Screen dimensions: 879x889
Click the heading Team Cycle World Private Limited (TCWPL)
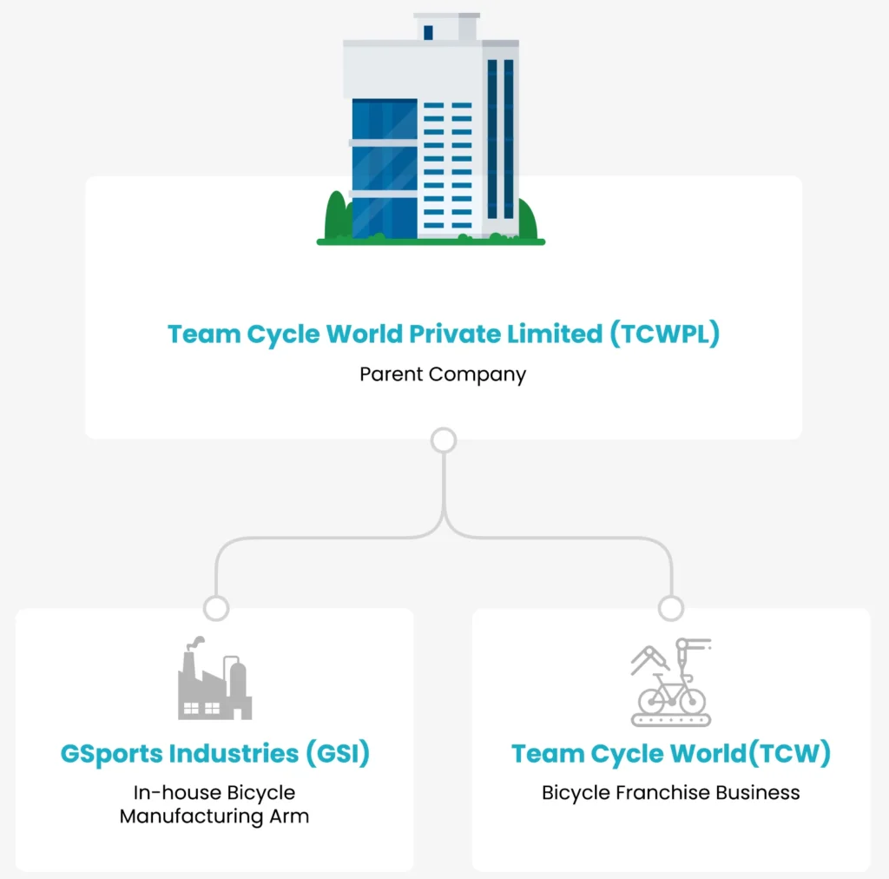click(x=443, y=334)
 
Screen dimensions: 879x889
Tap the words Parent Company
click(x=443, y=375)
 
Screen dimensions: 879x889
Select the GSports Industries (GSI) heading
click(x=214, y=754)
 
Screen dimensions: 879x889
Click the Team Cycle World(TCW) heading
click(x=670, y=754)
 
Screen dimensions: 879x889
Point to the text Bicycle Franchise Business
click(x=670, y=793)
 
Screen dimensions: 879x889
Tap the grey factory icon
click(x=214, y=682)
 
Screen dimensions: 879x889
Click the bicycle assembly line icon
click(x=670, y=683)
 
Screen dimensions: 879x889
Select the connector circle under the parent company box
click(x=444, y=440)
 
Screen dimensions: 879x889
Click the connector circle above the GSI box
click(x=215, y=608)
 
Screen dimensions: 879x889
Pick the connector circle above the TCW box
click(x=671, y=608)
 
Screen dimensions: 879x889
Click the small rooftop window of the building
click(x=428, y=32)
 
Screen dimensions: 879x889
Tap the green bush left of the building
click(x=337, y=217)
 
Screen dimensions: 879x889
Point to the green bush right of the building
click(x=527, y=220)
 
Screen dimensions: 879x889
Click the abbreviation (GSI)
click(x=337, y=754)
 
